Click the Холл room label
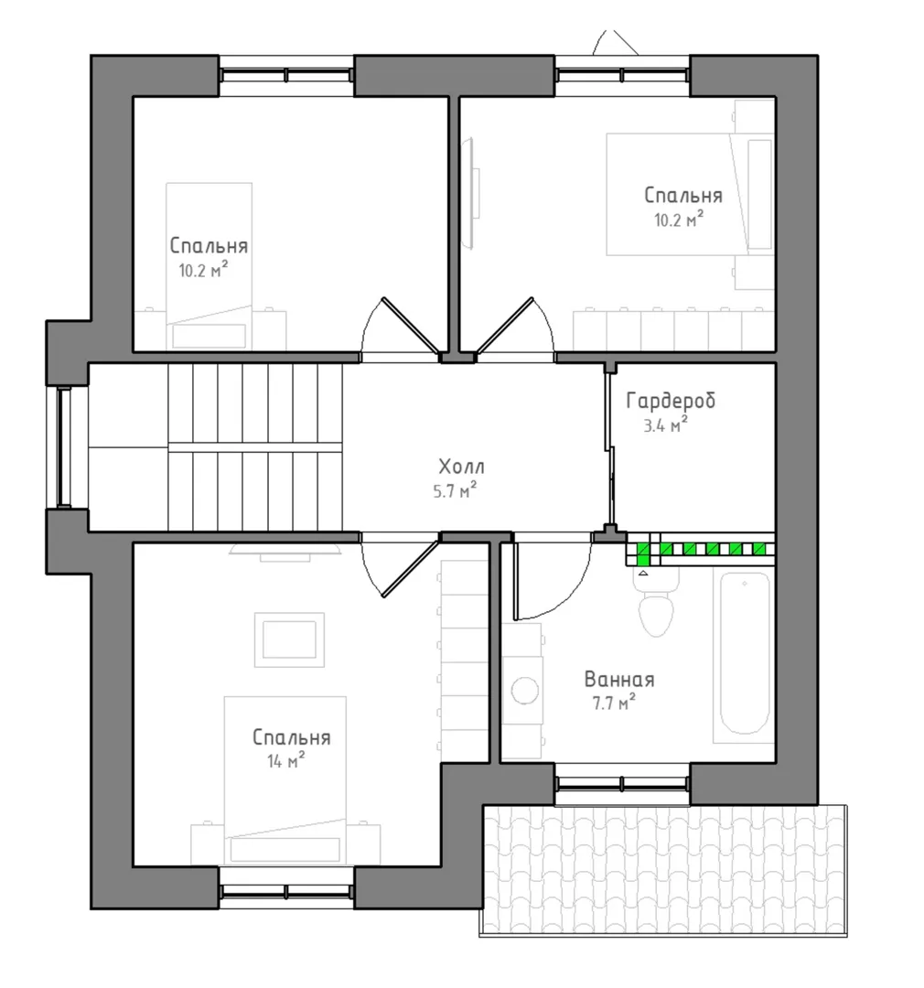click(x=461, y=467)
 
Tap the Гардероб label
click(x=671, y=400)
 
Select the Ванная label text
click(x=619, y=679)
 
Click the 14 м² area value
click(x=285, y=760)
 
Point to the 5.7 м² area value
click(x=455, y=490)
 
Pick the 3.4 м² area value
click(x=665, y=425)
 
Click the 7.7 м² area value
click(x=613, y=703)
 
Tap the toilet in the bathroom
click(x=656, y=605)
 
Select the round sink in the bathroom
click(x=525, y=691)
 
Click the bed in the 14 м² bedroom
click(x=285, y=780)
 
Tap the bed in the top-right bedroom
click(x=690, y=194)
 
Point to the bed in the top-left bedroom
click(x=210, y=266)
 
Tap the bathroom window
click(x=623, y=783)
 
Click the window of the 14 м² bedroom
click(x=286, y=890)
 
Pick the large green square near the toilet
click(x=643, y=553)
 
